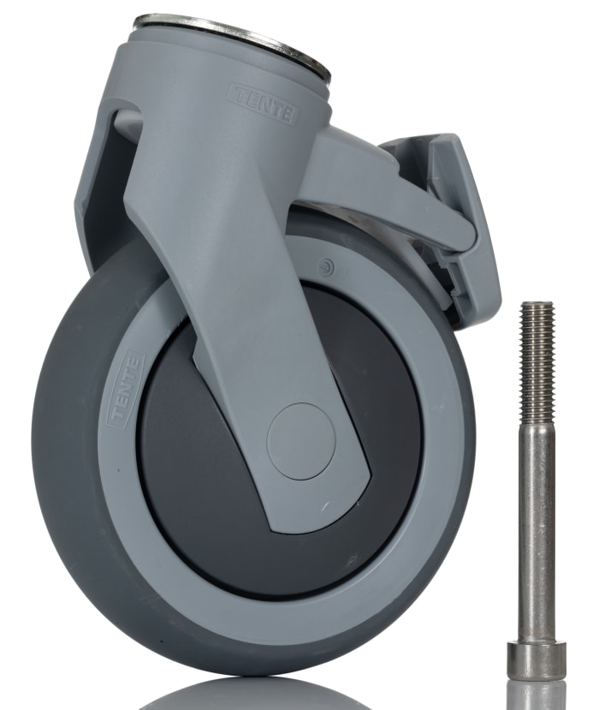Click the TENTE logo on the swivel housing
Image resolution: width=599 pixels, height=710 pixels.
[262, 104]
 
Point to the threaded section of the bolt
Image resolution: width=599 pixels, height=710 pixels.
[537, 360]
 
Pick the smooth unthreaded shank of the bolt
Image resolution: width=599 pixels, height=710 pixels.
[537, 531]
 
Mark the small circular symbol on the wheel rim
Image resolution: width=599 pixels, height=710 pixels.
[325, 267]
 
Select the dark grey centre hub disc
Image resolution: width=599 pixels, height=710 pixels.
[214, 480]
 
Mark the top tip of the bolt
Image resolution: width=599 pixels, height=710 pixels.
[537, 304]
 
